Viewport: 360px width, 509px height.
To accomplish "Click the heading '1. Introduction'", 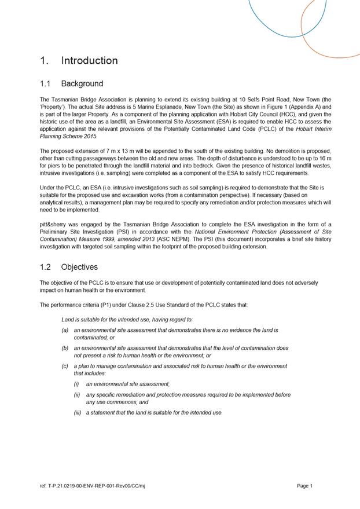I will click(79, 61).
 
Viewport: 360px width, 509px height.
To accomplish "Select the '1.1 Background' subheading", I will click(72, 84).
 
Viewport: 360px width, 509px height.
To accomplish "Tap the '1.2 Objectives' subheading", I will click(69, 268).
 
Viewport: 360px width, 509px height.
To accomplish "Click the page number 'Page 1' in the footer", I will click(304, 486).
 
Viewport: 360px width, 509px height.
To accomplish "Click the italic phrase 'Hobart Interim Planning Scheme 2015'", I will click(304, 129).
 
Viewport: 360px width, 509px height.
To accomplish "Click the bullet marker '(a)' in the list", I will click(65, 330).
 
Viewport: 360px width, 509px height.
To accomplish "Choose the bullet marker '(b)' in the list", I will click(65, 349).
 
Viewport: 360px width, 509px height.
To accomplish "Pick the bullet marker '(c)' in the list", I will click(65, 367).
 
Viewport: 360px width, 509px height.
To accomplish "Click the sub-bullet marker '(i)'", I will click(76, 384).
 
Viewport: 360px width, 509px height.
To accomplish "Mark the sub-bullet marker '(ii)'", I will click(77, 395).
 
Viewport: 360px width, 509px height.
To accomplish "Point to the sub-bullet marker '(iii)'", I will click(78, 413).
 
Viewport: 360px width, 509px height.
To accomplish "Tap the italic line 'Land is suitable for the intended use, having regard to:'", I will click(127, 319).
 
